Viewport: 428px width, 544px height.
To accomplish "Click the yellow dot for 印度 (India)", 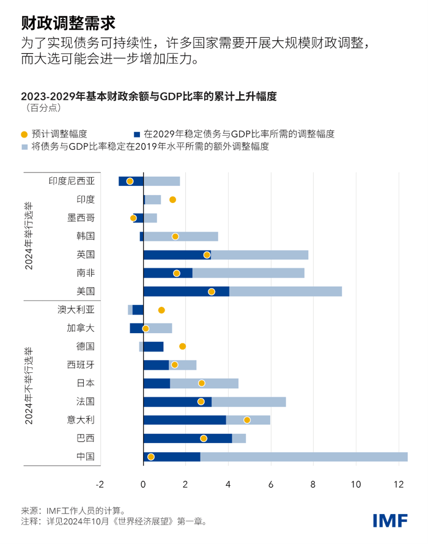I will pyautogui.click(x=172, y=199).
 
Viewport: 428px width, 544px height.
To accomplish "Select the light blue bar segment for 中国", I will pyautogui.click(x=304, y=457).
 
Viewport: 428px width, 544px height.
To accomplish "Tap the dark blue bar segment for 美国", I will pyautogui.click(x=186, y=292).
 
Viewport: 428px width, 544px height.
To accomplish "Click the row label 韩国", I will pyautogui.click(x=86, y=236).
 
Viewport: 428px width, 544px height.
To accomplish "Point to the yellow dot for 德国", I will pyautogui.click(x=182, y=347).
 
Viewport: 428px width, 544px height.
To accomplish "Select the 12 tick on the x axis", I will pyautogui.click(x=399, y=484).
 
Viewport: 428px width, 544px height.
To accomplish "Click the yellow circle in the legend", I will pyautogui.click(x=24, y=134).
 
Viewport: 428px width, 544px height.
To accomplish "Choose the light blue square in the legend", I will pyautogui.click(x=24, y=147).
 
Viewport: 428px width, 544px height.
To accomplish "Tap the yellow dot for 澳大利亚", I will pyautogui.click(x=161, y=310).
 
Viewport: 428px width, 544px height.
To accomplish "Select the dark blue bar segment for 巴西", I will pyautogui.click(x=187, y=438).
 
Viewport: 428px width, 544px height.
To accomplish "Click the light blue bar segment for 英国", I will pyautogui.click(x=259, y=254).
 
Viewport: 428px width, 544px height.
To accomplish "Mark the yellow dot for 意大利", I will pyautogui.click(x=247, y=420).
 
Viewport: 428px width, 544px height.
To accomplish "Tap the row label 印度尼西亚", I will pyautogui.click(x=72, y=181).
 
